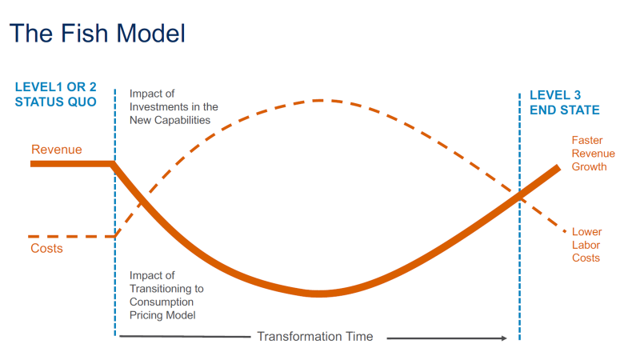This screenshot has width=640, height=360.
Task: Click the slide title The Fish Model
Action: click(x=97, y=33)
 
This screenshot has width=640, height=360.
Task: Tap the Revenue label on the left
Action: click(x=57, y=150)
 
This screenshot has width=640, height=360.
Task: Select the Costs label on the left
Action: click(x=46, y=249)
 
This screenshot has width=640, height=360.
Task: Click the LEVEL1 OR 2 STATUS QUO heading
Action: click(x=55, y=94)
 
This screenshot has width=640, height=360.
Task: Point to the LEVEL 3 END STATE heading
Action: click(x=565, y=102)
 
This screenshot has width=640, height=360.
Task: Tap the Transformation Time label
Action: click(x=314, y=337)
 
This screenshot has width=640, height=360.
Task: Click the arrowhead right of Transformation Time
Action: click(x=503, y=338)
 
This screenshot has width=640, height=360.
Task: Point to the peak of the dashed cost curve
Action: click(x=318, y=101)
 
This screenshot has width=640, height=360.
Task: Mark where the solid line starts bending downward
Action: click(x=114, y=164)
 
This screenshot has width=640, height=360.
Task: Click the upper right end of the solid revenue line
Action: click(x=558, y=169)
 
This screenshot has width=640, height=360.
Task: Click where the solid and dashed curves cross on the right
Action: click(x=519, y=194)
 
